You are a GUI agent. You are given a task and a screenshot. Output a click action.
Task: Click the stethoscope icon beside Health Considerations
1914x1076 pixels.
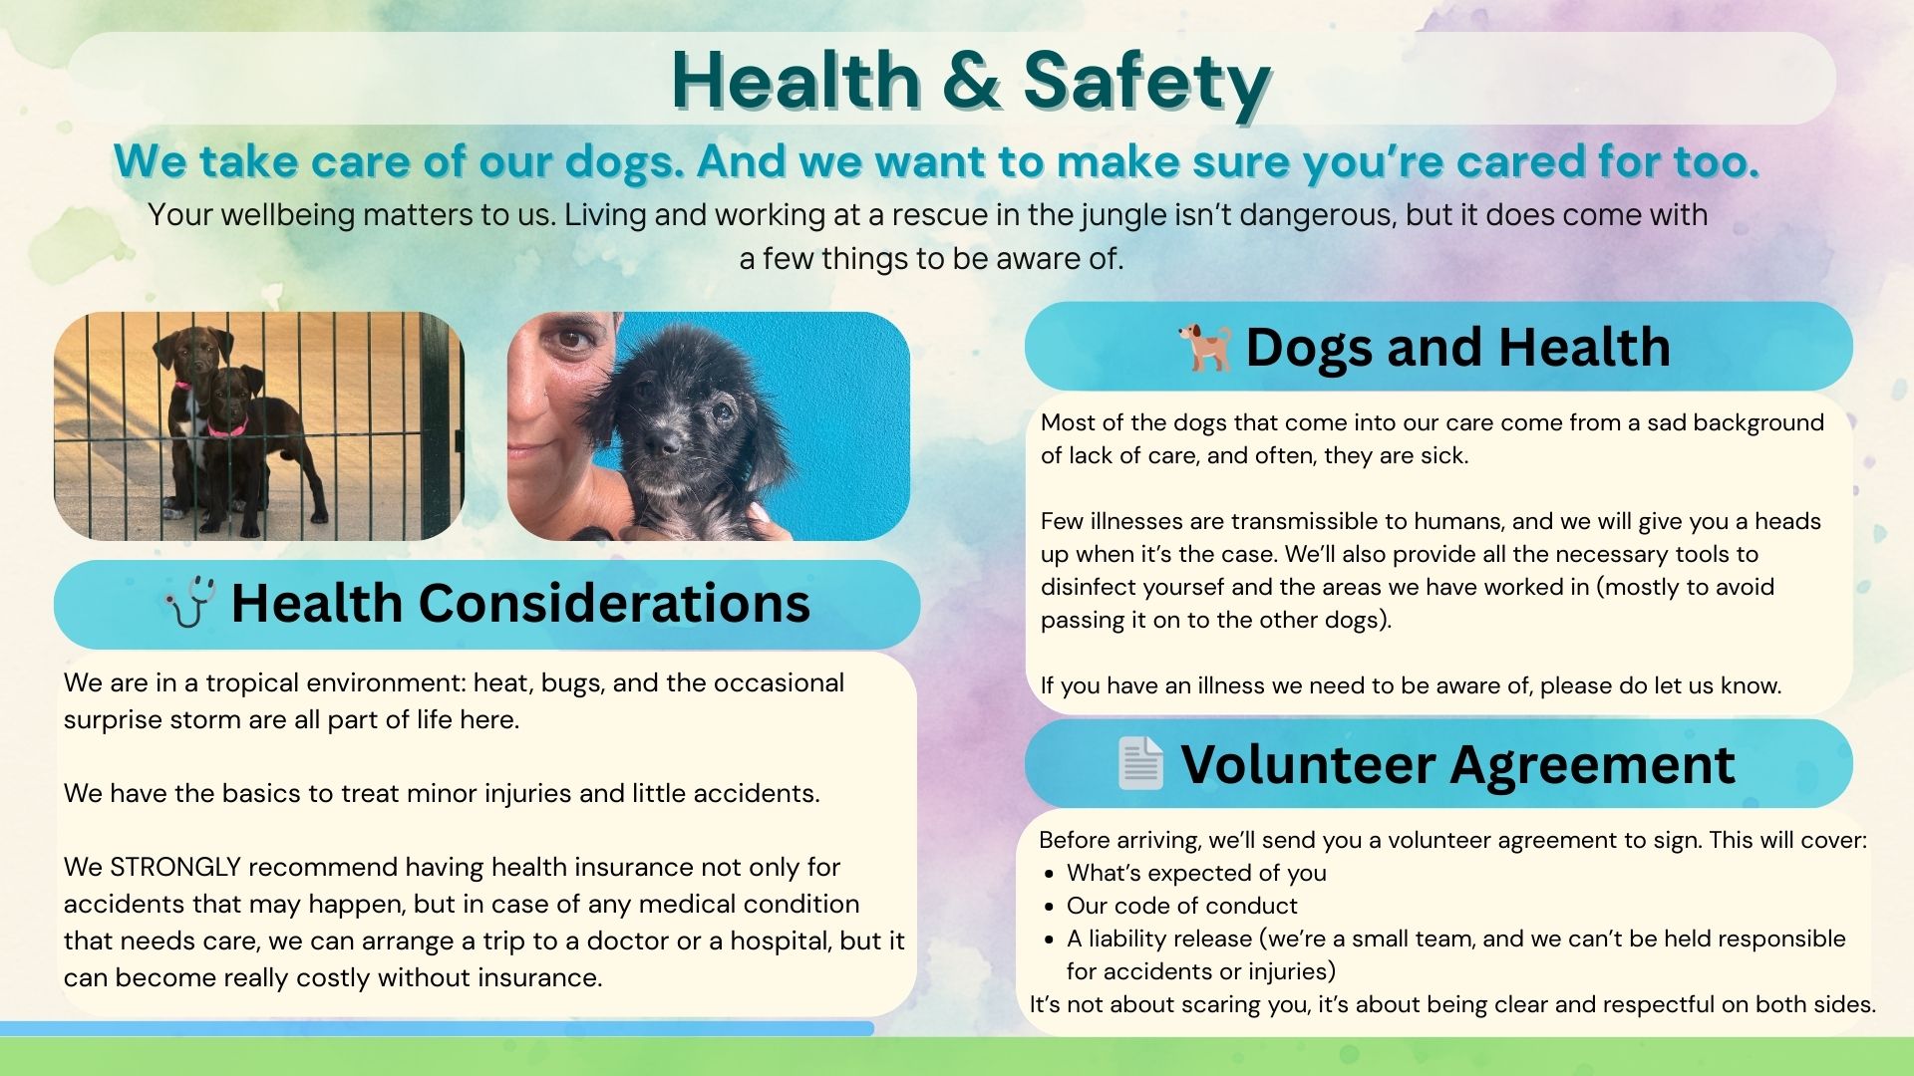[x=189, y=602]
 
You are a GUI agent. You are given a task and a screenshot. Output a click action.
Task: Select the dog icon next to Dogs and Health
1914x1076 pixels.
[x=1206, y=347]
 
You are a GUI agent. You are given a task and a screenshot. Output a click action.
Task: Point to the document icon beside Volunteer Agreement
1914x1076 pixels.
[x=1140, y=764]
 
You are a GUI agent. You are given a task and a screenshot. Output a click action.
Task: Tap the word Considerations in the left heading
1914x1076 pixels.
[x=614, y=603]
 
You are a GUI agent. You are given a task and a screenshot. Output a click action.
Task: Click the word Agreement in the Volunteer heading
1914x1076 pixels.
[x=1592, y=765]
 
